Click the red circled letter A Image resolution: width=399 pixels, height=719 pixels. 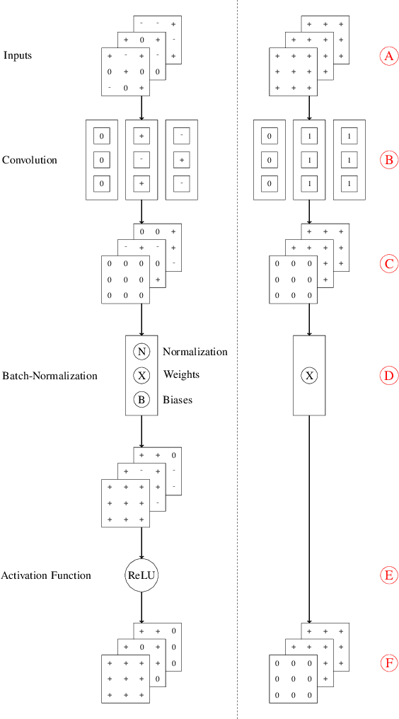[388, 56]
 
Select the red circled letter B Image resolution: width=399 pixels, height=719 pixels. [388, 160]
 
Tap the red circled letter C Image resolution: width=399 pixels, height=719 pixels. [388, 264]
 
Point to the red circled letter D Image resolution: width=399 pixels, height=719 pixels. [388, 375]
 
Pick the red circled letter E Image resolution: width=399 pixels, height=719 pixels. [388, 575]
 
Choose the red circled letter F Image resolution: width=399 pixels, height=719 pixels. [388, 663]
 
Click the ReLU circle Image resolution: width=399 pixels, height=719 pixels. [141, 575]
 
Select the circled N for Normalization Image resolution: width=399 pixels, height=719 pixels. [141, 352]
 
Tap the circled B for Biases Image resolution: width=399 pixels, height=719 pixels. [141, 400]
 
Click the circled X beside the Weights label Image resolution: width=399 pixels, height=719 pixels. [141, 375]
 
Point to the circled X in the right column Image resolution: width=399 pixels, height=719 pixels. [309, 375]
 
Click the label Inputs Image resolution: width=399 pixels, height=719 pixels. [18, 55]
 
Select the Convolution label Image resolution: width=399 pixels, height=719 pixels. [30, 160]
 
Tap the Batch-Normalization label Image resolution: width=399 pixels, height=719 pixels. [50, 376]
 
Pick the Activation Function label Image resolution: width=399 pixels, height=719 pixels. [46, 575]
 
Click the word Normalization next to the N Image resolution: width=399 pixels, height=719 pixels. [195, 352]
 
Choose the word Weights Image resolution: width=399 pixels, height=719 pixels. [181, 374]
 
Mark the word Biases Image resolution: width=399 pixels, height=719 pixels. [178, 400]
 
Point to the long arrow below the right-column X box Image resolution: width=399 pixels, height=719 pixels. [309, 517]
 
